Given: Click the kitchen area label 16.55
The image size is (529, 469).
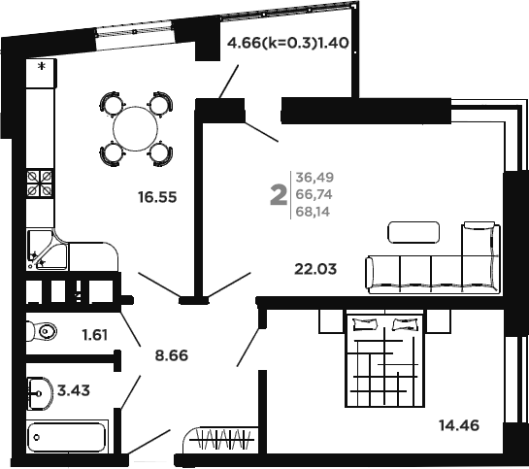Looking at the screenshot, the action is pos(157,197).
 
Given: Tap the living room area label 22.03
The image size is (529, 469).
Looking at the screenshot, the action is pos(315,269).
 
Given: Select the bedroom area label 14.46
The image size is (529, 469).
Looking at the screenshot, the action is pos(459,425).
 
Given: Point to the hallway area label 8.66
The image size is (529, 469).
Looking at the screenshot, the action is pos(172,355).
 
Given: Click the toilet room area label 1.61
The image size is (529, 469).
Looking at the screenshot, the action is pos(95,335).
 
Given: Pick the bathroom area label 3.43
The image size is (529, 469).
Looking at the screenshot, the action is pos(74,390).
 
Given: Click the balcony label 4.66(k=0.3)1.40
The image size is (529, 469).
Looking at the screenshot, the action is pos(287,43).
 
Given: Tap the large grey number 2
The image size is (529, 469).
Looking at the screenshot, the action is pos(279,196).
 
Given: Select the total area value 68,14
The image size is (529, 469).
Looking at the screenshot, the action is pos(313,212).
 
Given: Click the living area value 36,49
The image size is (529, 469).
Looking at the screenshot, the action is pos(314,177).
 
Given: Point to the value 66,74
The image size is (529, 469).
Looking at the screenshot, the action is pos(314,194).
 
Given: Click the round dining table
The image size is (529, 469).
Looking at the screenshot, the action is pos(136,129).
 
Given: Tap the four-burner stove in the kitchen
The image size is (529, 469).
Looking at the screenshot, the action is pos(40,184).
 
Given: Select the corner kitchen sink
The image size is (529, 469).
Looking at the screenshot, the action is pos(48,250).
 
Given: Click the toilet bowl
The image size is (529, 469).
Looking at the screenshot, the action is pos(42,331).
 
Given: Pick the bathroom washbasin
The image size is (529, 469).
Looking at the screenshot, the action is pos(41,393).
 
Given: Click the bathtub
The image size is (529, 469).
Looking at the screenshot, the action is pos(66,437).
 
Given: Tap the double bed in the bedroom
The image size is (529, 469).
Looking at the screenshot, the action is pos(385,360).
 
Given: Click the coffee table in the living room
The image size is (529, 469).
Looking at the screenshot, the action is pos(413,232).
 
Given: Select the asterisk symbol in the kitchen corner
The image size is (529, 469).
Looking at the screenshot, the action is pos(42,66).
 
